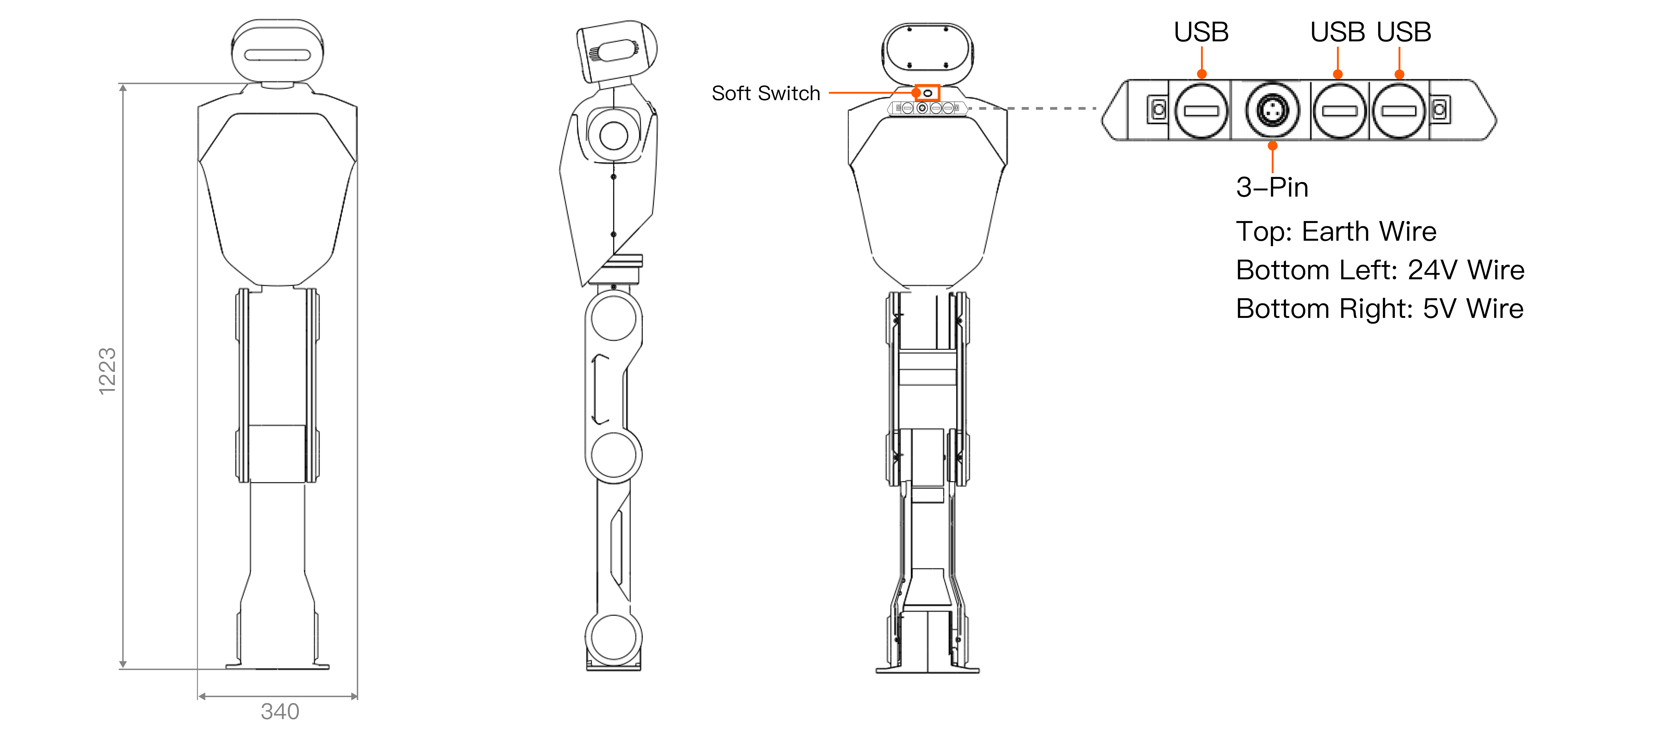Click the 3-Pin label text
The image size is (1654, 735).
(x=1272, y=187)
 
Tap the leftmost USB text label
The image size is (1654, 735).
(x=1201, y=32)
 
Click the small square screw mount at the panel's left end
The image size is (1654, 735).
(x=1158, y=110)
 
